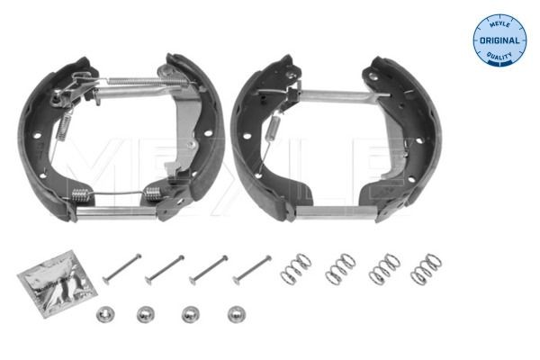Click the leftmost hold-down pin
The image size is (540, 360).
[x=121, y=269]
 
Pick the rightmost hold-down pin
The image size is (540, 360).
[x=252, y=268]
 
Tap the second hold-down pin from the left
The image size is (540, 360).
[x=166, y=269]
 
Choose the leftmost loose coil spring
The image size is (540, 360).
[x=296, y=267]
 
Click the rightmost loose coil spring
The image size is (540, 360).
[x=426, y=268]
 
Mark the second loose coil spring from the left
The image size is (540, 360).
[x=340, y=267]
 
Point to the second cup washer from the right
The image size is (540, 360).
[x=188, y=315]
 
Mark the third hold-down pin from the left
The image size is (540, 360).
[x=209, y=269]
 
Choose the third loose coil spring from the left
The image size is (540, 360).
[x=384, y=268]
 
